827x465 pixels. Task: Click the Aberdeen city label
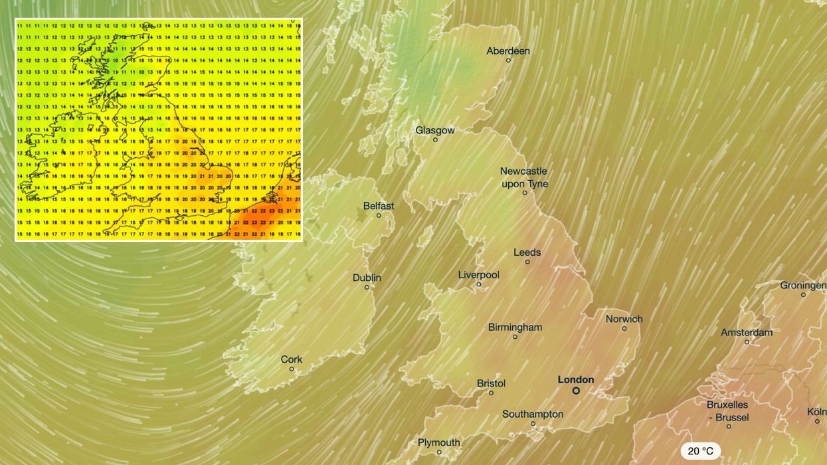pos(508,50)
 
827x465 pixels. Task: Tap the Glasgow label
pos(435,130)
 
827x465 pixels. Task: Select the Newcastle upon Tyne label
pos(524,177)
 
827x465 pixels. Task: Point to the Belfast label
pos(379,206)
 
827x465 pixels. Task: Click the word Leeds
pos(527,252)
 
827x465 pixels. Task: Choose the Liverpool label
pos(479,274)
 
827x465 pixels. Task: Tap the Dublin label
pos(367,278)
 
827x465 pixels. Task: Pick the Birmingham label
pos(515,327)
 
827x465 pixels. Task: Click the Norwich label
pos(624,319)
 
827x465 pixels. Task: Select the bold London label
pos(576,380)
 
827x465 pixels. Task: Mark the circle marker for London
pos(576,391)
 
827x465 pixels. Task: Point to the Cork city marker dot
pos(292,369)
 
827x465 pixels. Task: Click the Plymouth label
pos(439,442)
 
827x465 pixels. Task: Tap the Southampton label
pos(533,414)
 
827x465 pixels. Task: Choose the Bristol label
pos(492,383)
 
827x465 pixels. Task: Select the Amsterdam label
pos(747,332)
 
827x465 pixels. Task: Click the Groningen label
pos(803,285)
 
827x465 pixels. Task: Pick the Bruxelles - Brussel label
pos(728,411)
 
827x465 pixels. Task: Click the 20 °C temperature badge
pos(700,451)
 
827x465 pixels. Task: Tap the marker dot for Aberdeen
pos(508,60)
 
